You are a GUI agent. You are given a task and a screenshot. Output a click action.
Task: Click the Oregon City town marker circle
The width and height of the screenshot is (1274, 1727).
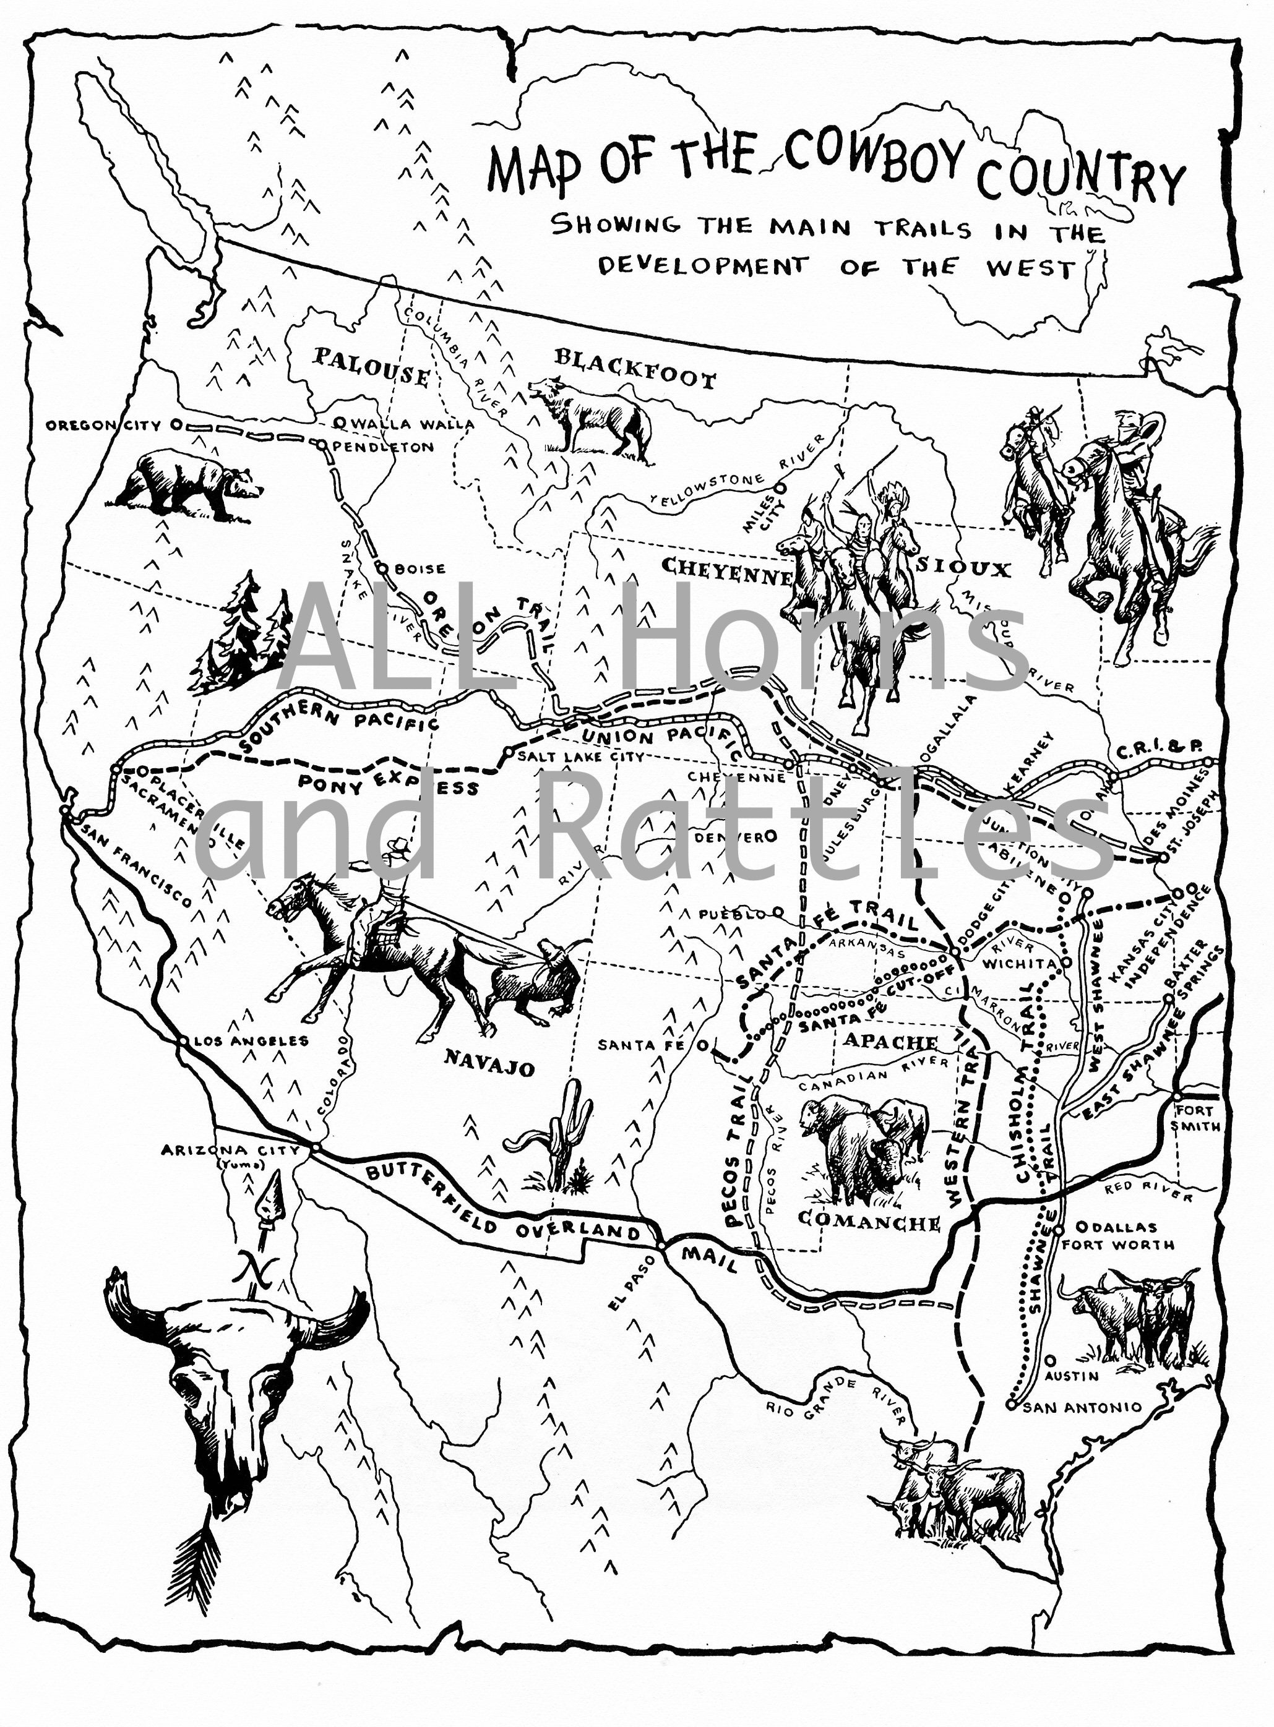tap(176, 424)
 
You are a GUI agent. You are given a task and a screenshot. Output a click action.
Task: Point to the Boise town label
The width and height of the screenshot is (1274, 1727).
tap(420, 569)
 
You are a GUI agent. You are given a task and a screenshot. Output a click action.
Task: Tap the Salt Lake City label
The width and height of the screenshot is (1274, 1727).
tap(580, 756)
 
